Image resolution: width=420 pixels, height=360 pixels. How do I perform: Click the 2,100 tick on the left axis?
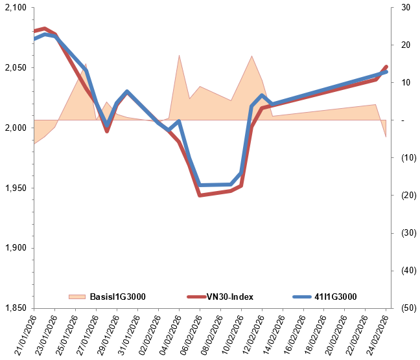point(14,8)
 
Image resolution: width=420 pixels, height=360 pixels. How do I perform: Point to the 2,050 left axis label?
point(14,68)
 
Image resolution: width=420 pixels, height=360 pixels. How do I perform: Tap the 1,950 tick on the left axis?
point(14,188)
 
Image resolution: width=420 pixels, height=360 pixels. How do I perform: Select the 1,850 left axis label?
point(14,308)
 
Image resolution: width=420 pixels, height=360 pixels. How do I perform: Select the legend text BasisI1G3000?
point(117,297)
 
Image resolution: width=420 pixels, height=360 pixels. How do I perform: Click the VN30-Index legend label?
point(229,297)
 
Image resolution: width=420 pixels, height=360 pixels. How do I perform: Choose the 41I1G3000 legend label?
point(336,297)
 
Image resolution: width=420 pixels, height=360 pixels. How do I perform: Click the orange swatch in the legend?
point(77,297)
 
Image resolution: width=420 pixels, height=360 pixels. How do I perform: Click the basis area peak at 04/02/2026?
point(179,56)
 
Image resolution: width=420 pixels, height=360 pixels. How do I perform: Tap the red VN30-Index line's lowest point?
point(200,195)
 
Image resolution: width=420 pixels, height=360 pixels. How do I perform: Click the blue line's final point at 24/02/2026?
point(386,71)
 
